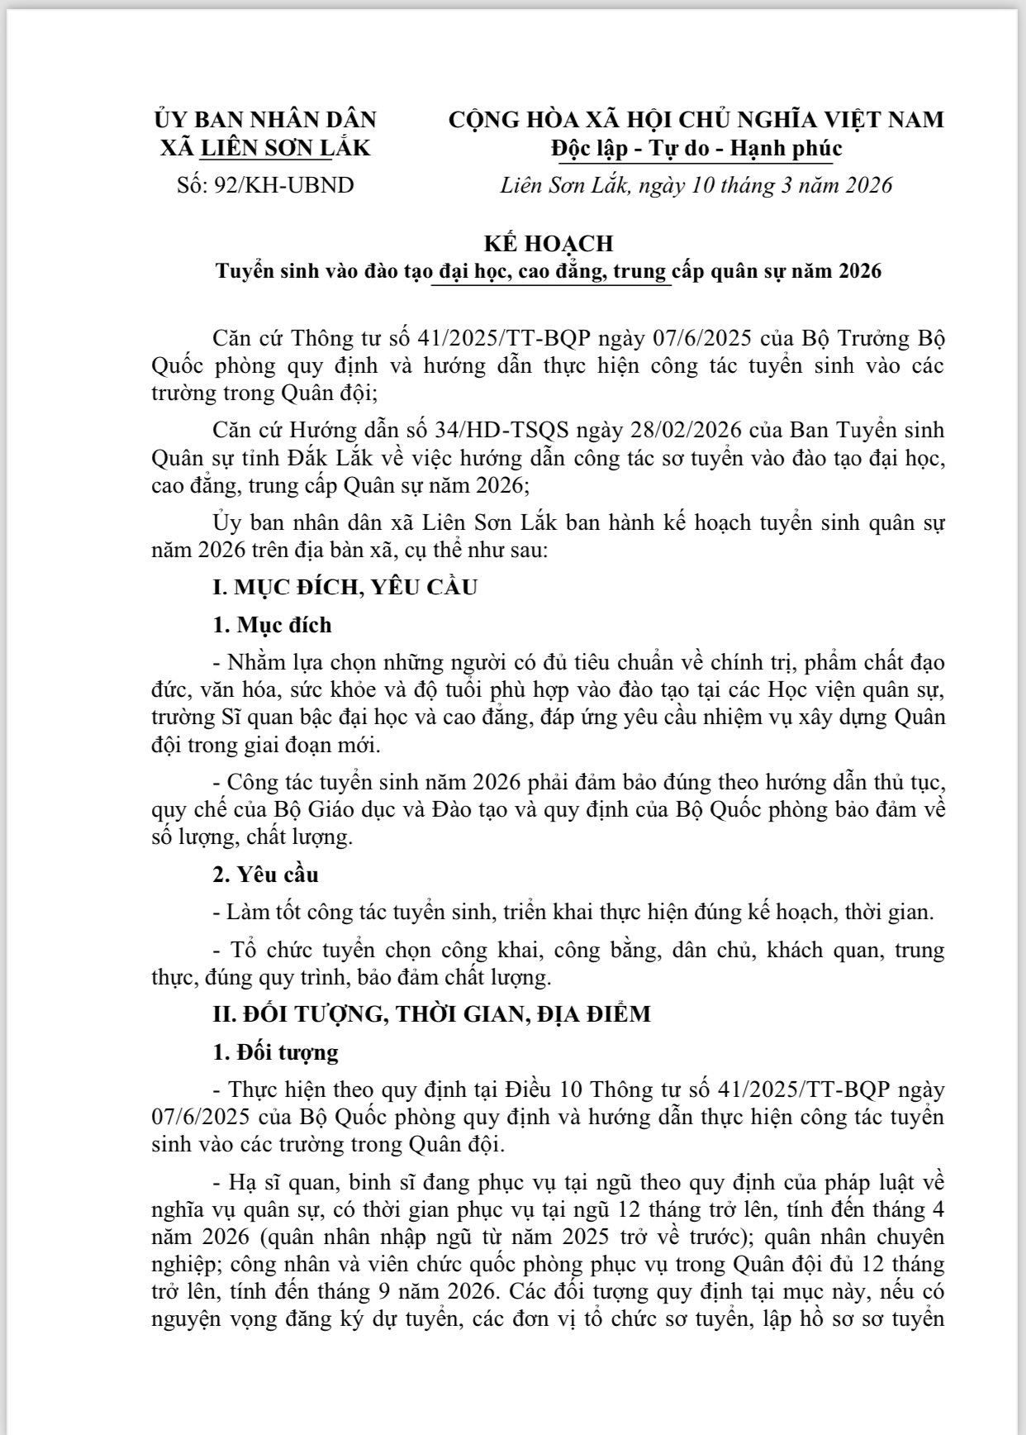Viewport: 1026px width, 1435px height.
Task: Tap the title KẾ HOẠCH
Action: coord(549,243)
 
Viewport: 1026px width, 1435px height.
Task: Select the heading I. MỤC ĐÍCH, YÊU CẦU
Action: coord(345,588)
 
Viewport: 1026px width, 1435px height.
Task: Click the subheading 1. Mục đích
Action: coord(272,625)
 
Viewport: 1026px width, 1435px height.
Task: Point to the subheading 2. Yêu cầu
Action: coord(265,875)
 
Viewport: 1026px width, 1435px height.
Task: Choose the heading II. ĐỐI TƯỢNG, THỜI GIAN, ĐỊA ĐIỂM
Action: coord(432,1014)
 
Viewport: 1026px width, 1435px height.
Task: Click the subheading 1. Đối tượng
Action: coord(275,1052)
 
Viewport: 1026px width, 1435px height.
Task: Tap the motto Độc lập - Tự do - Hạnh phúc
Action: coord(696,148)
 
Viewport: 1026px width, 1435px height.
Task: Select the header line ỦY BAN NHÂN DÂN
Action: coord(264,119)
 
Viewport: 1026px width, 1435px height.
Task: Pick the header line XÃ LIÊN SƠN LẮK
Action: coord(264,148)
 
